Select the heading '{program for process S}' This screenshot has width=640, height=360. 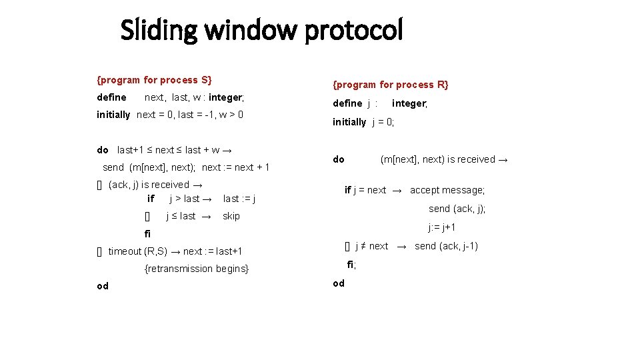154,80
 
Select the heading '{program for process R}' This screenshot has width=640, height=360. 391,84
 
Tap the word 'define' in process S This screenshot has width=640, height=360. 111,97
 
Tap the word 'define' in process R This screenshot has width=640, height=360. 347,103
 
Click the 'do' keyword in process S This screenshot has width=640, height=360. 102,150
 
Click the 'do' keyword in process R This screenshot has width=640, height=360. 339,159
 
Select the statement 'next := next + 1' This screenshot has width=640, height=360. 235,167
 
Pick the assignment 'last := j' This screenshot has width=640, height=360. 239,199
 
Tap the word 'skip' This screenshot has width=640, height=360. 231,216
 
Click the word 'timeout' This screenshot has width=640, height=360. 125,251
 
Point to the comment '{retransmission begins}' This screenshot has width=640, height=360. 197,269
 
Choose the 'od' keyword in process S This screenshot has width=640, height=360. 103,286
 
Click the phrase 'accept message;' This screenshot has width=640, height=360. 447,190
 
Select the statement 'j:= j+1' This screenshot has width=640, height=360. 442,227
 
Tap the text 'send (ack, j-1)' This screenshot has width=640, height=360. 446,246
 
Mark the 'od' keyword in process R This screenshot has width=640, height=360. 339,283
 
